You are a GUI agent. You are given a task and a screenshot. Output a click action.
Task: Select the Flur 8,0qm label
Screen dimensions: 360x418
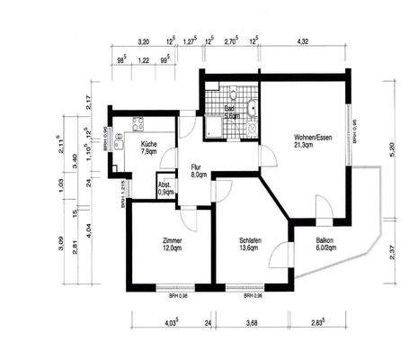199,171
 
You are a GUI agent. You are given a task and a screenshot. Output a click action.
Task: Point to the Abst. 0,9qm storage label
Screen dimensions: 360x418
166,186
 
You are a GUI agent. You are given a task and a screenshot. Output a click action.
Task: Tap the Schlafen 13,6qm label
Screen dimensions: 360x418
251,245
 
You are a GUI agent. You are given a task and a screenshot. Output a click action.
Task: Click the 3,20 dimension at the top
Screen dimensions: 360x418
142,41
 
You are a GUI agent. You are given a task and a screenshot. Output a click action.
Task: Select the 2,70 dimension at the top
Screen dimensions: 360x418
230,41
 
